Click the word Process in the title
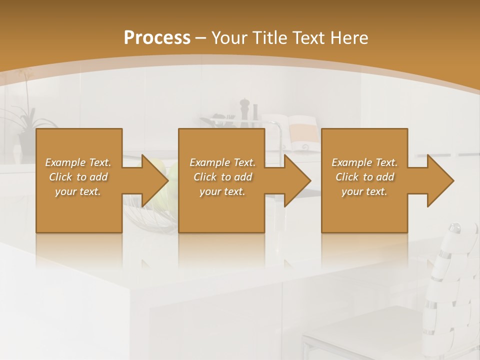point(157,38)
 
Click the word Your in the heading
point(230,38)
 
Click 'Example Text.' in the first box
point(78,162)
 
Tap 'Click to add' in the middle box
point(222,177)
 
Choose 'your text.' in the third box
point(364,191)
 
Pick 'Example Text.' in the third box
point(364,162)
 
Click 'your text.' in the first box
point(78,191)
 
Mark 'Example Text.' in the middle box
point(222,162)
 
